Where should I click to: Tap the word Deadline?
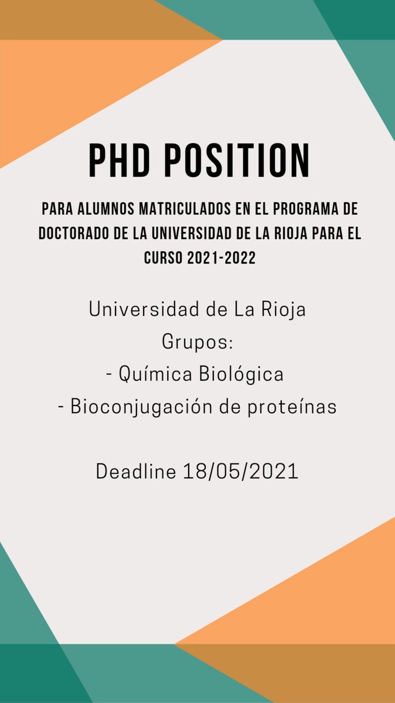tap(136, 472)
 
